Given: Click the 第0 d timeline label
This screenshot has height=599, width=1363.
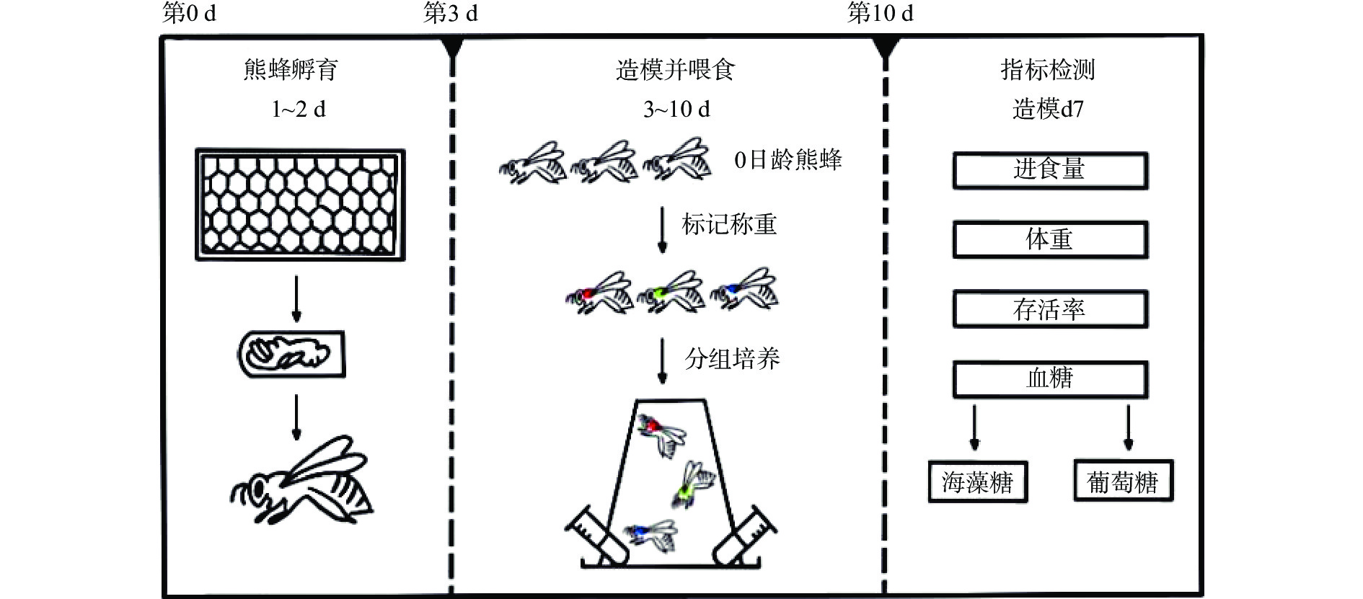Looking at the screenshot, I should pos(189,13).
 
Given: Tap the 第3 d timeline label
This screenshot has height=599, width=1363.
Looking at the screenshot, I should pos(450,13).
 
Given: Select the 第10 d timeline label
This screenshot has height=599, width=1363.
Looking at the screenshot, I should pos(880,13).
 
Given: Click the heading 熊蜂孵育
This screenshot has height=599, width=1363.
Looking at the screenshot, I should pos(291,70).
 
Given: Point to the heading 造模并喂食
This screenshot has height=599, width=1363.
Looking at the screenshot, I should pos(675,70).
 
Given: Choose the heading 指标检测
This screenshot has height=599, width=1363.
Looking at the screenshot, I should pos(1048,70).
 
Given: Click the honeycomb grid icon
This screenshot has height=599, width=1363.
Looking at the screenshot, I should pos(300,205).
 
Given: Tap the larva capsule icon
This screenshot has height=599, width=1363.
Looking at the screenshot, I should pos(292,354).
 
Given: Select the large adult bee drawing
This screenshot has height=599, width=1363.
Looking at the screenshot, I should pos(303,479).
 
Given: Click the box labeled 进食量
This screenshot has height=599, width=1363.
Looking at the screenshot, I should pos(1049,170).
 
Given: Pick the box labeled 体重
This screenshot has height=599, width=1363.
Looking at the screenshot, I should pos(1049,240).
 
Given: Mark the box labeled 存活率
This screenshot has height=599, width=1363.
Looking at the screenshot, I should pos(1049,310).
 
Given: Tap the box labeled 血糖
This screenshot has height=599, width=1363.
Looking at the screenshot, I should pos(1049,379).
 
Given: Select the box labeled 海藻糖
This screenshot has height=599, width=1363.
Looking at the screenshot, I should pos(977,482).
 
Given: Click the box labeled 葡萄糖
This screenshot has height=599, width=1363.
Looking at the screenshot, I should pos(1123,482).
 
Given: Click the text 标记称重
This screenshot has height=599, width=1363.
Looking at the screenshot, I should pos(729,225).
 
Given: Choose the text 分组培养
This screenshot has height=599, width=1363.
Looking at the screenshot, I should pos(732,358).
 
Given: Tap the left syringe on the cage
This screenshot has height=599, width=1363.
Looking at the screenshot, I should pos(594,536).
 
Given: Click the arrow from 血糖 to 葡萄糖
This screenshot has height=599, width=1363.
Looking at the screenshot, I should pos(1129,427).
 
